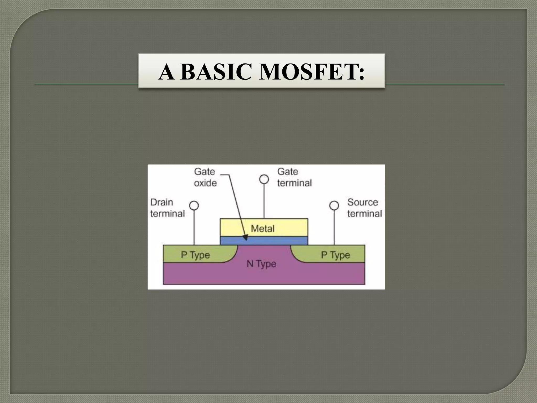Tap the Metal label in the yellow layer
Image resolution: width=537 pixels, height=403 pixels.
click(x=263, y=229)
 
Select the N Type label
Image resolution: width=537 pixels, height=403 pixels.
click(x=261, y=264)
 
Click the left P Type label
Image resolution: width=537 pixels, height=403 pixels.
click(x=195, y=255)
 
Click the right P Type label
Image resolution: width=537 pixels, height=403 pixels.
click(x=335, y=255)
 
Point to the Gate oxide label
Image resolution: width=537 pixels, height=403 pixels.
click(x=205, y=177)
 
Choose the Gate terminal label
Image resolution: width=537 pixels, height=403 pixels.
click(x=294, y=177)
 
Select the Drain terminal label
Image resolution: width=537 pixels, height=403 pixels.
click(x=167, y=208)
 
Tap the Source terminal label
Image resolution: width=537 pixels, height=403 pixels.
click(x=364, y=208)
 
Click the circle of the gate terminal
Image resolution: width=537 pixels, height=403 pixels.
click(x=264, y=179)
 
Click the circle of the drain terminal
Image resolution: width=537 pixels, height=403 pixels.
click(x=194, y=206)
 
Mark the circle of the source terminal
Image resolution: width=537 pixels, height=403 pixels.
click(x=334, y=206)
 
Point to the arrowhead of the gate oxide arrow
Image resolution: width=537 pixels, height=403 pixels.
click(x=246, y=238)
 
